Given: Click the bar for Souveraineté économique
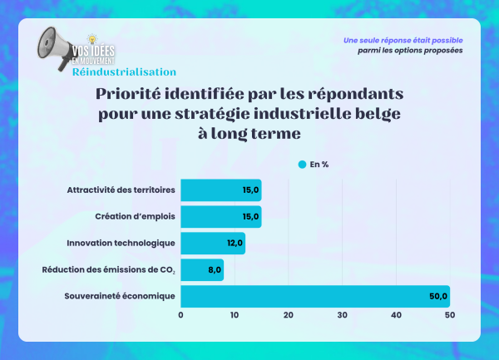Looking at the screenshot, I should coord(314,296).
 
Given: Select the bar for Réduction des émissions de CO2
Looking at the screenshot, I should coord(201,269).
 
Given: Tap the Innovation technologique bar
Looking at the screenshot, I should coord(212,243).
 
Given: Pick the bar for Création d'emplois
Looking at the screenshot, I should coord(220,217).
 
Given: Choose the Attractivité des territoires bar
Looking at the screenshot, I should coord(220,190).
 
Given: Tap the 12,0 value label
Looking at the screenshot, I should coord(234,244).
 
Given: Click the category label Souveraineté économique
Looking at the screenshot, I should coord(121,296).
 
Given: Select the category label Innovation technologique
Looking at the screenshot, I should coord(121,244).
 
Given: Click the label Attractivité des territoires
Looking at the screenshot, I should coord(121,190).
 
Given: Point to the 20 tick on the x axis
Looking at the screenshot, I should coord(289,315).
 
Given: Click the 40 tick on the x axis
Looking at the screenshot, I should coord(396,315).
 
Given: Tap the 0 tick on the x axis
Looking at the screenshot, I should coord(180,315).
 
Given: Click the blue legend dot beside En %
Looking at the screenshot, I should coord(302,165).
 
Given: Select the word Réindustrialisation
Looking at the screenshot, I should coord(124,72).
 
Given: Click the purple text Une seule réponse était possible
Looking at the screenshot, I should coord(403,40).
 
